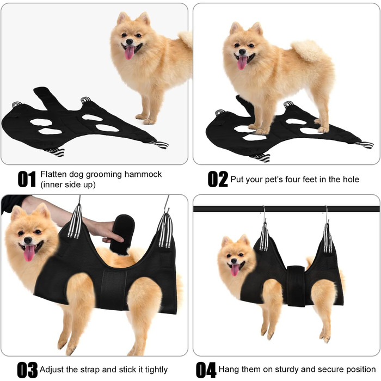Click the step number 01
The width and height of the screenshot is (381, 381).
27,179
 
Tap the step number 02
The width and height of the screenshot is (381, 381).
218,179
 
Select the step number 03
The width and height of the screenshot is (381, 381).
27,370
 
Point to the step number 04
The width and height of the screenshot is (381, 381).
206,370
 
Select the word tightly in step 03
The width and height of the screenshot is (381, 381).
156,370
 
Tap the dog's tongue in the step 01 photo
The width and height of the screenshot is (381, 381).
130,52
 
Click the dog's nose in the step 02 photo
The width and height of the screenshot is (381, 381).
242,52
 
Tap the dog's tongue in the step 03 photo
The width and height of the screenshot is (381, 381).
29,253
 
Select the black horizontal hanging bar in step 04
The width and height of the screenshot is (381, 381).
286,208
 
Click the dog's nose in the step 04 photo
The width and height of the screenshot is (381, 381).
233,261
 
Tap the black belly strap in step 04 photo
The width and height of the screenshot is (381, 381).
296,286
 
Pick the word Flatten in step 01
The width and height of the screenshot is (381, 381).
53,174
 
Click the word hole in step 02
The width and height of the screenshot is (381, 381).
351,179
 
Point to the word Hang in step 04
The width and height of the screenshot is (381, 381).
229,370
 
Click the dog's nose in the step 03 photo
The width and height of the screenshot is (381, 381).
28,241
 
